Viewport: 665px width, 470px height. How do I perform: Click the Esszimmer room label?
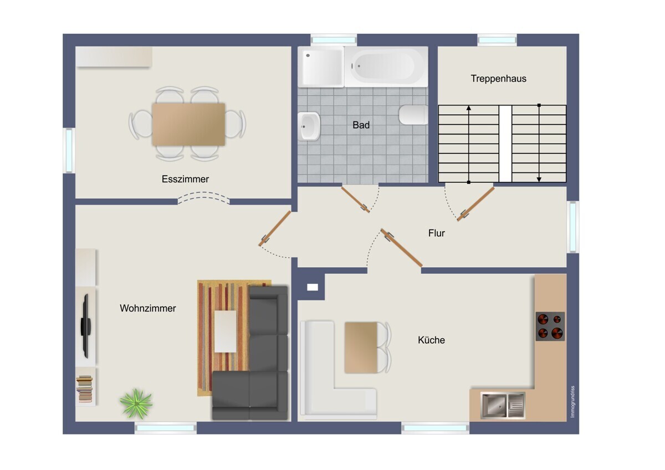(x=185, y=179)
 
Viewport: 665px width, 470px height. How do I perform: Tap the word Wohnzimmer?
(x=148, y=308)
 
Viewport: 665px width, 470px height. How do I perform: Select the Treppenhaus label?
(x=498, y=79)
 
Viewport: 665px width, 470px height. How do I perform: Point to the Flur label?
(x=437, y=233)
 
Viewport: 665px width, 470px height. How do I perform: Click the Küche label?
(x=431, y=340)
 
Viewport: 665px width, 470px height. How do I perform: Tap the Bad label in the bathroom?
(x=361, y=125)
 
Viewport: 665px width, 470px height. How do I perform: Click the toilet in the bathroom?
(x=413, y=115)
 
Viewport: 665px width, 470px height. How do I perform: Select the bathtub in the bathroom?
(x=386, y=67)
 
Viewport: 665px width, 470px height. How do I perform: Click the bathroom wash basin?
(x=309, y=126)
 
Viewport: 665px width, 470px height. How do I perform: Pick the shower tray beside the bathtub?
(x=321, y=67)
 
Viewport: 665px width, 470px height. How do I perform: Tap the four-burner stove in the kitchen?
(x=550, y=326)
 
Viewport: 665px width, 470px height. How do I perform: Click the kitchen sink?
(x=503, y=405)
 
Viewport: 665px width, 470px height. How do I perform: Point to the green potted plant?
(x=136, y=403)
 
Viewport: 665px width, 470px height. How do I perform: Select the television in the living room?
(x=86, y=326)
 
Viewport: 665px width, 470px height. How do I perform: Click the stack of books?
(x=85, y=389)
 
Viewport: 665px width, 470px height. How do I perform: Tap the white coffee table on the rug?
(x=226, y=331)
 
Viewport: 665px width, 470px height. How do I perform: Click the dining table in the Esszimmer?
(x=188, y=124)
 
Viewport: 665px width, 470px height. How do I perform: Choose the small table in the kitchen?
(x=361, y=348)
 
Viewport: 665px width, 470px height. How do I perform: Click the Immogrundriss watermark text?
(x=572, y=401)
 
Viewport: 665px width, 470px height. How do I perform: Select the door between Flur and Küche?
(x=401, y=248)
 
